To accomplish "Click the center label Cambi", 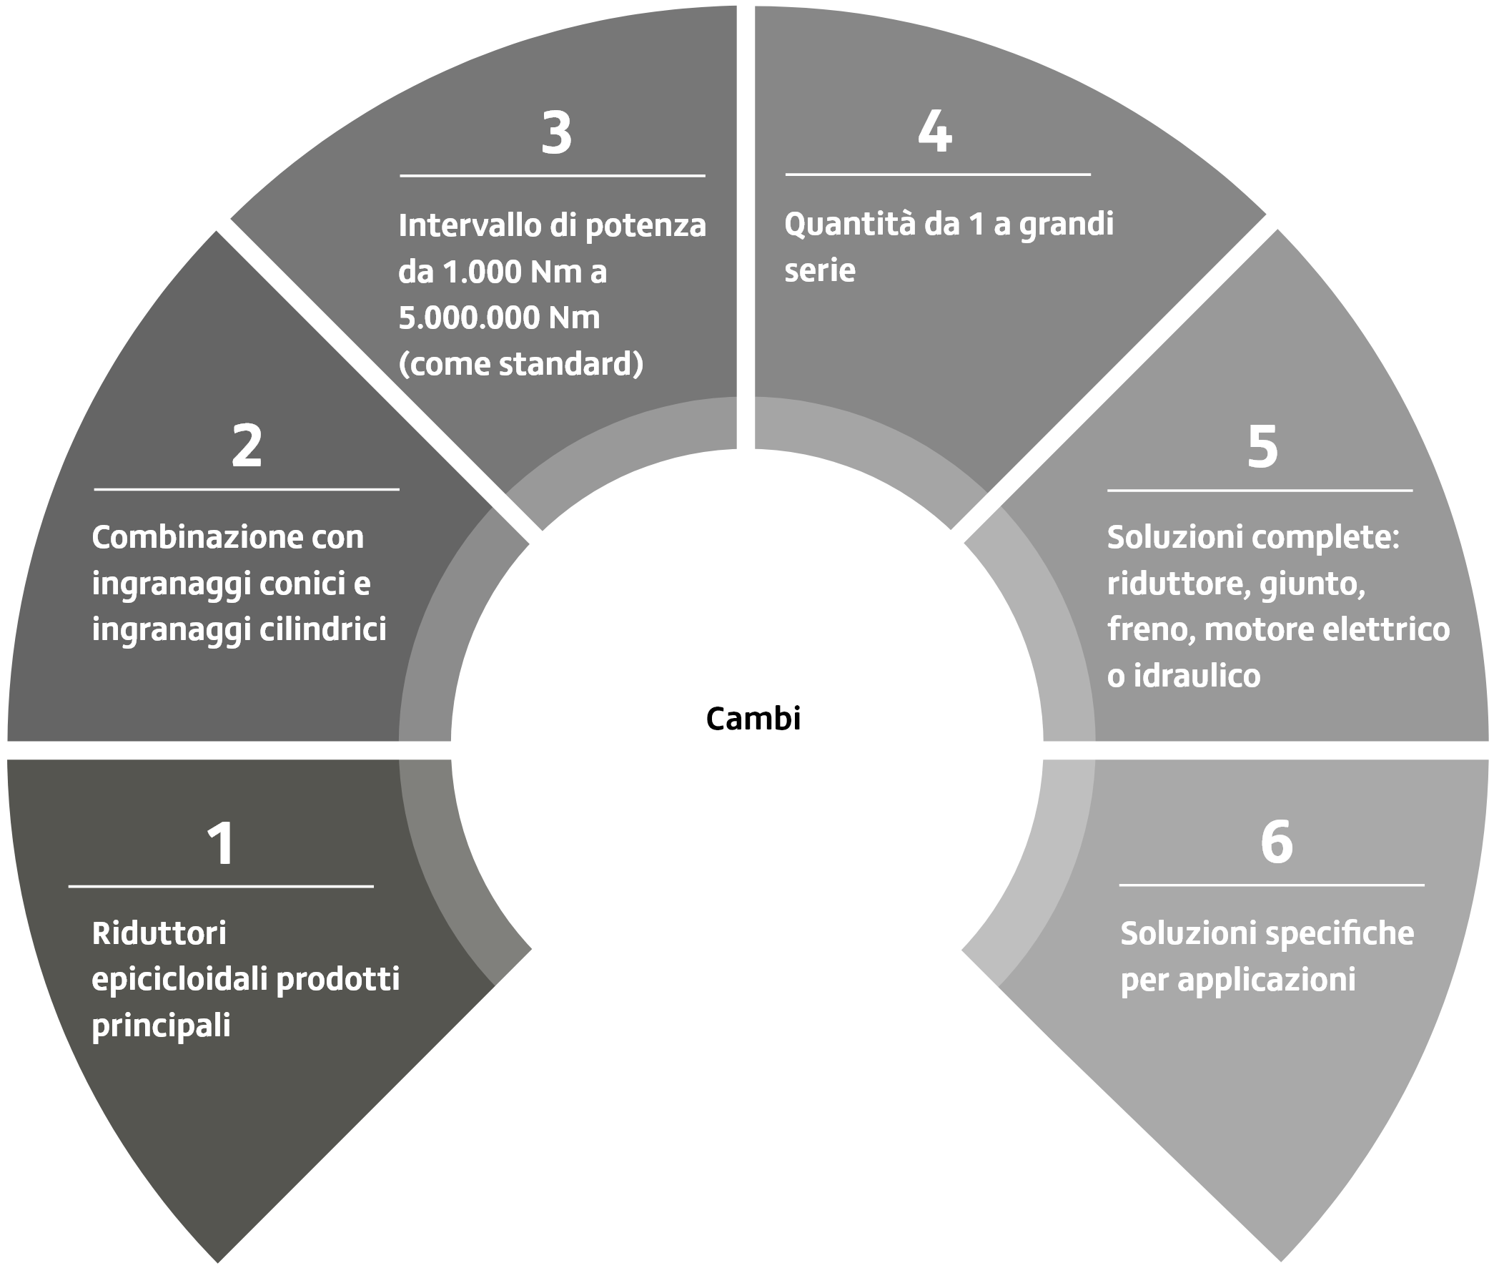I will pos(753,718).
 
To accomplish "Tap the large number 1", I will pos(221,843).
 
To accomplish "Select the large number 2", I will pos(247,446).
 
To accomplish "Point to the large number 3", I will pos(556,133).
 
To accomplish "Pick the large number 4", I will pos(935,132).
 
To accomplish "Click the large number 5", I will pos(1262,446).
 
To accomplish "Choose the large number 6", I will pos(1276,842).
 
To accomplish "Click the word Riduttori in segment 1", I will pos(159,933).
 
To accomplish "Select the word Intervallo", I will pos(469,225).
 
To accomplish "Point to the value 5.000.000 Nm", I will pos(499,317).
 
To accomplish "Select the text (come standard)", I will pos(520,364).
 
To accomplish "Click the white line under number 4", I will pos(937,174).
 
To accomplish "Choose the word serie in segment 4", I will pos(819,270).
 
